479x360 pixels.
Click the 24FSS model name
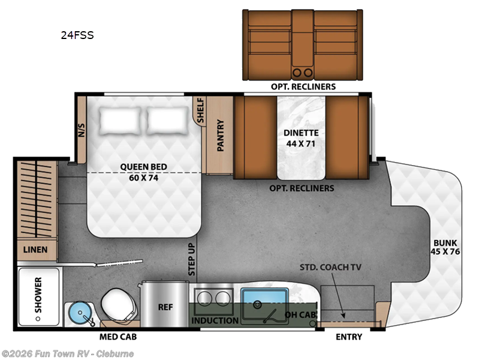(77, 35)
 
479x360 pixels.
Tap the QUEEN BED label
(143, 172)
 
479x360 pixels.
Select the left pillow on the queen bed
(120, 120)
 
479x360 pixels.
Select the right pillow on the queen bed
(168, 120)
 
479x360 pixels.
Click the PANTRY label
(220, 136)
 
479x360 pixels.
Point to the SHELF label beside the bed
(200, 110)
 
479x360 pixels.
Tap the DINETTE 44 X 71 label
(301, 138)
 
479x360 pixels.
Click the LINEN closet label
(36, 249)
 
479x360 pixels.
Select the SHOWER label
(38, 295)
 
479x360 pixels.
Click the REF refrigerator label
(165, 307)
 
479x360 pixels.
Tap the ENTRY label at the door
(348, 337)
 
